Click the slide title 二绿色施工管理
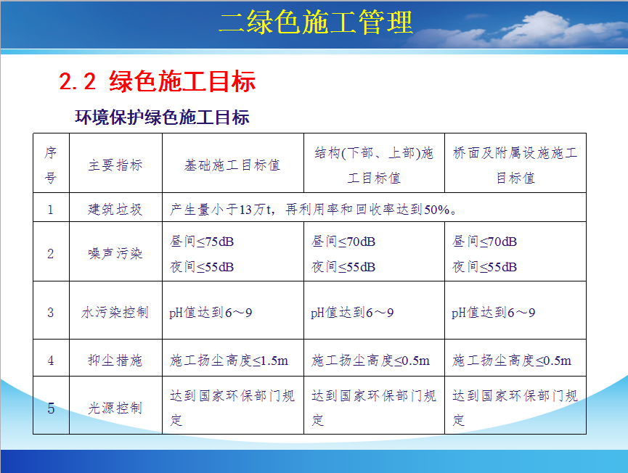pos(316,22)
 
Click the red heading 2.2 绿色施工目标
pos(157,81)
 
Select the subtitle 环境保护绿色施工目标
pos(162,118)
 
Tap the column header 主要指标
pos(115,165)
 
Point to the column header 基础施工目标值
pos(232,165)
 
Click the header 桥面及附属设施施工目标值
pos(515,165)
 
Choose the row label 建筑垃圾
pos(115,209)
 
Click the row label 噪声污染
pos(115,253)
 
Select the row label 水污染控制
pos(115,312)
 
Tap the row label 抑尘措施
pos(115,360)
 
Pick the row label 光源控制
pos(115,408)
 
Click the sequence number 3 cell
pos(51,312)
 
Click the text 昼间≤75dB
pos(202,242)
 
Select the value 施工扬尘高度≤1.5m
pos(229,361)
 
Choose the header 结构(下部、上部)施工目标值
pos(374,165)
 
